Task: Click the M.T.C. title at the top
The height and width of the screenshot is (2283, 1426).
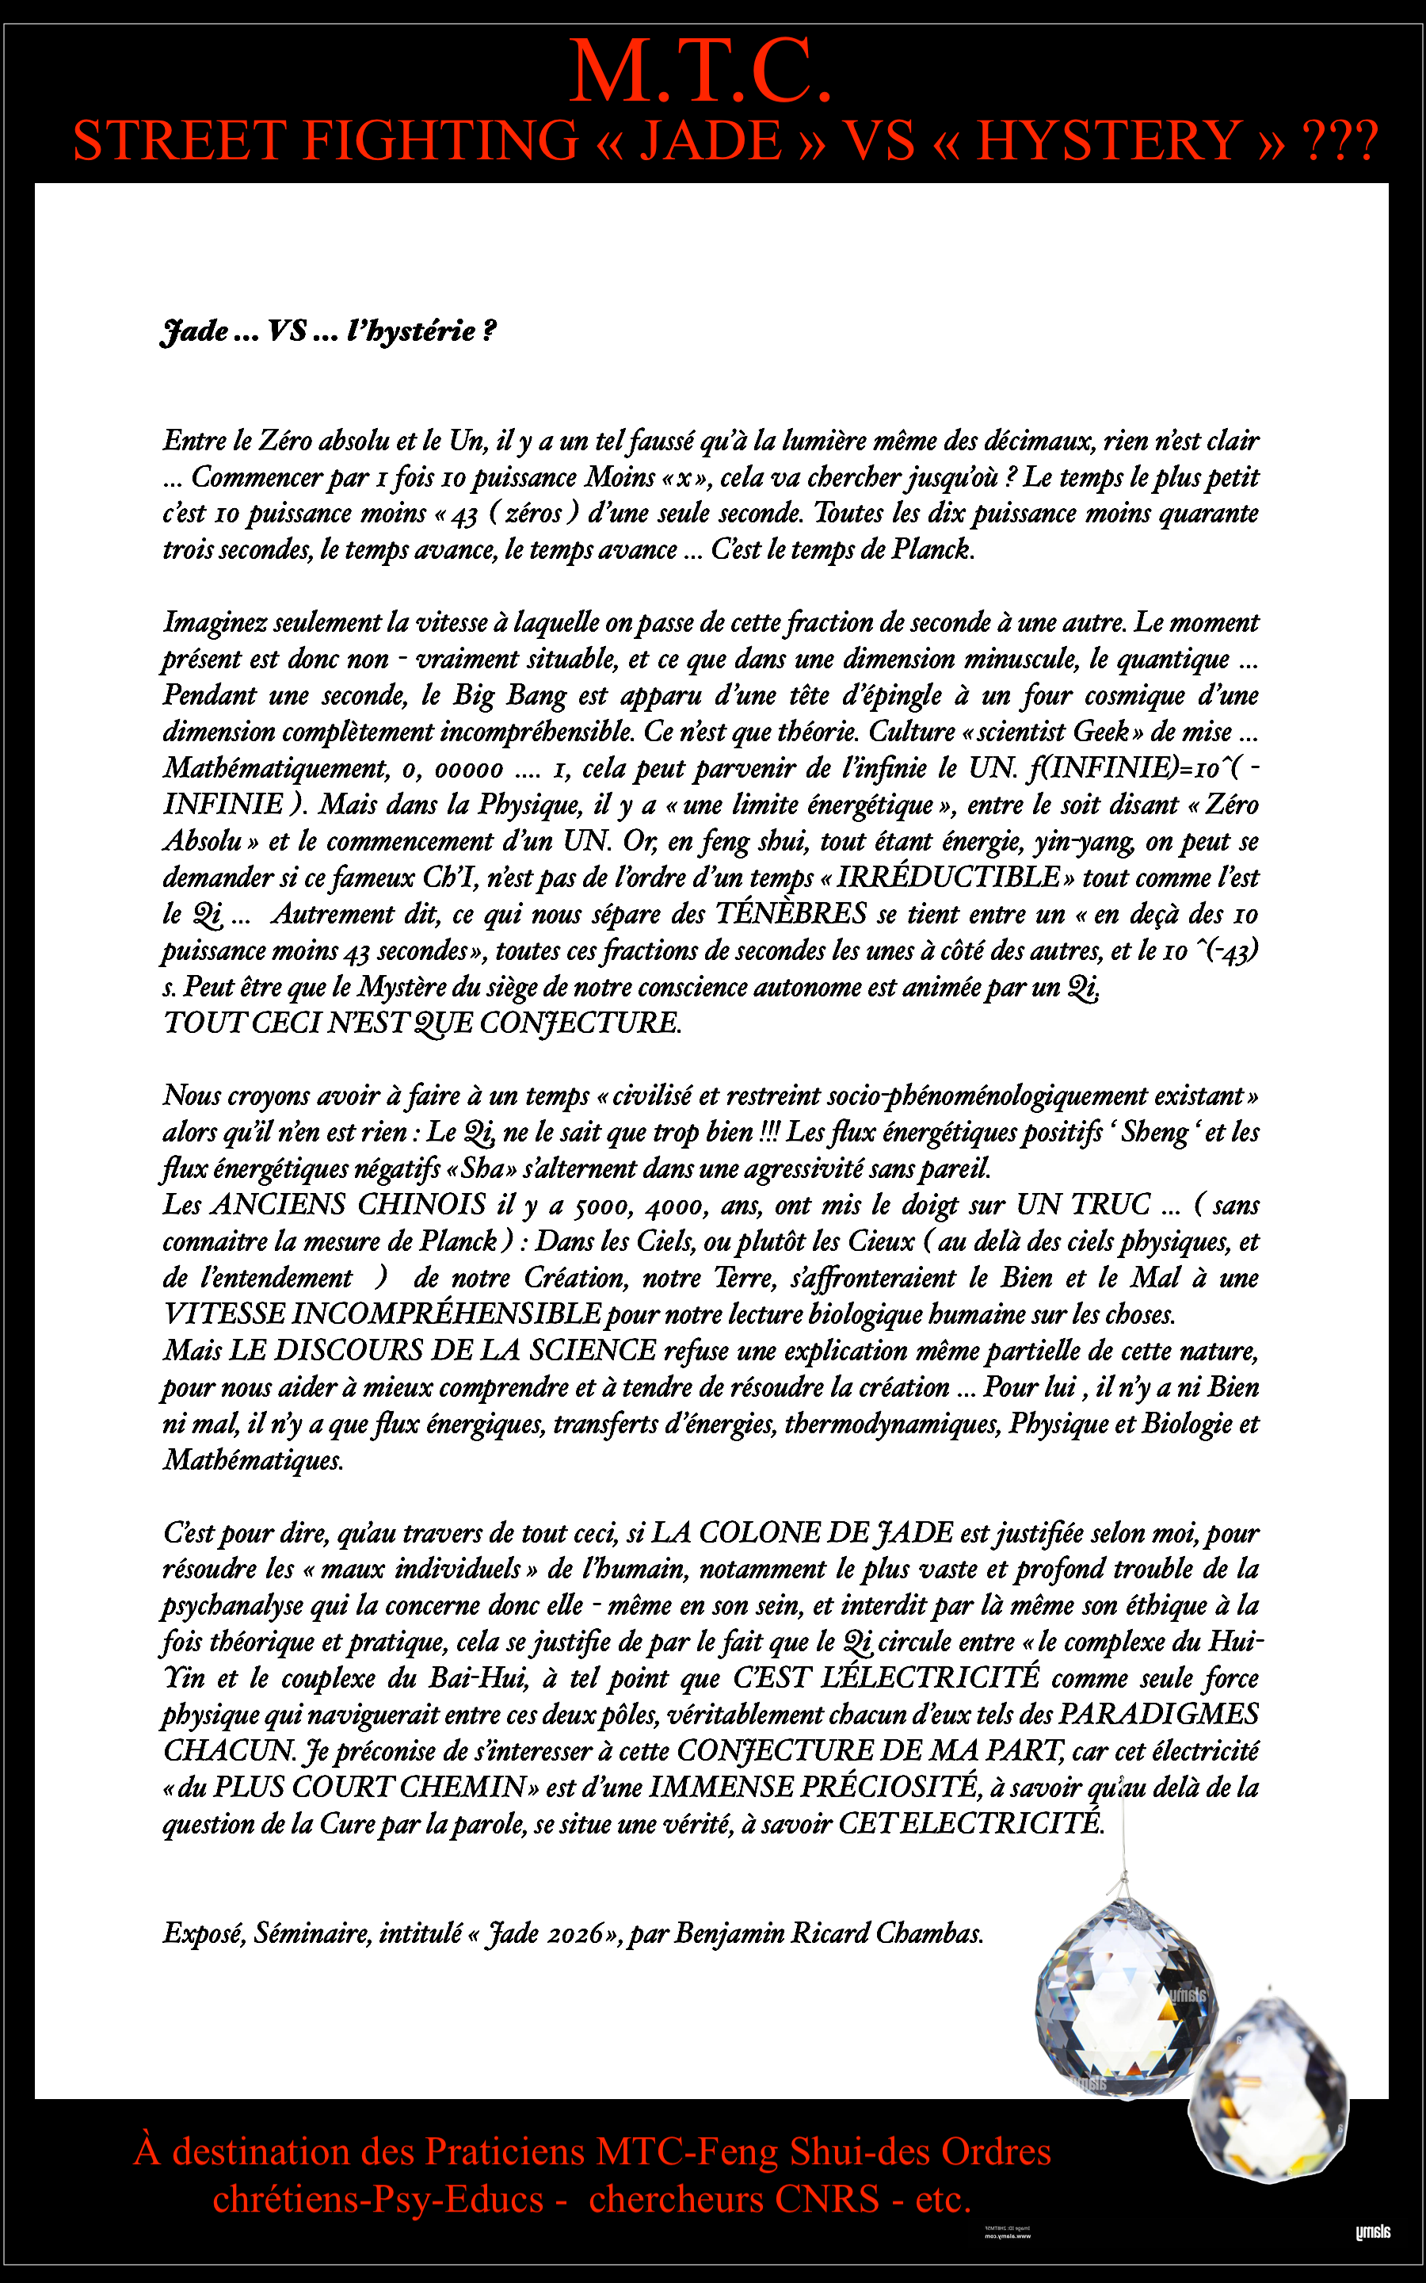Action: [701, 71]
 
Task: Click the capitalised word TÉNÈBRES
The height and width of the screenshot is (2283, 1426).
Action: [791, 914]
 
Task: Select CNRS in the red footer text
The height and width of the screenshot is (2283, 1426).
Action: [826, 2199]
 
